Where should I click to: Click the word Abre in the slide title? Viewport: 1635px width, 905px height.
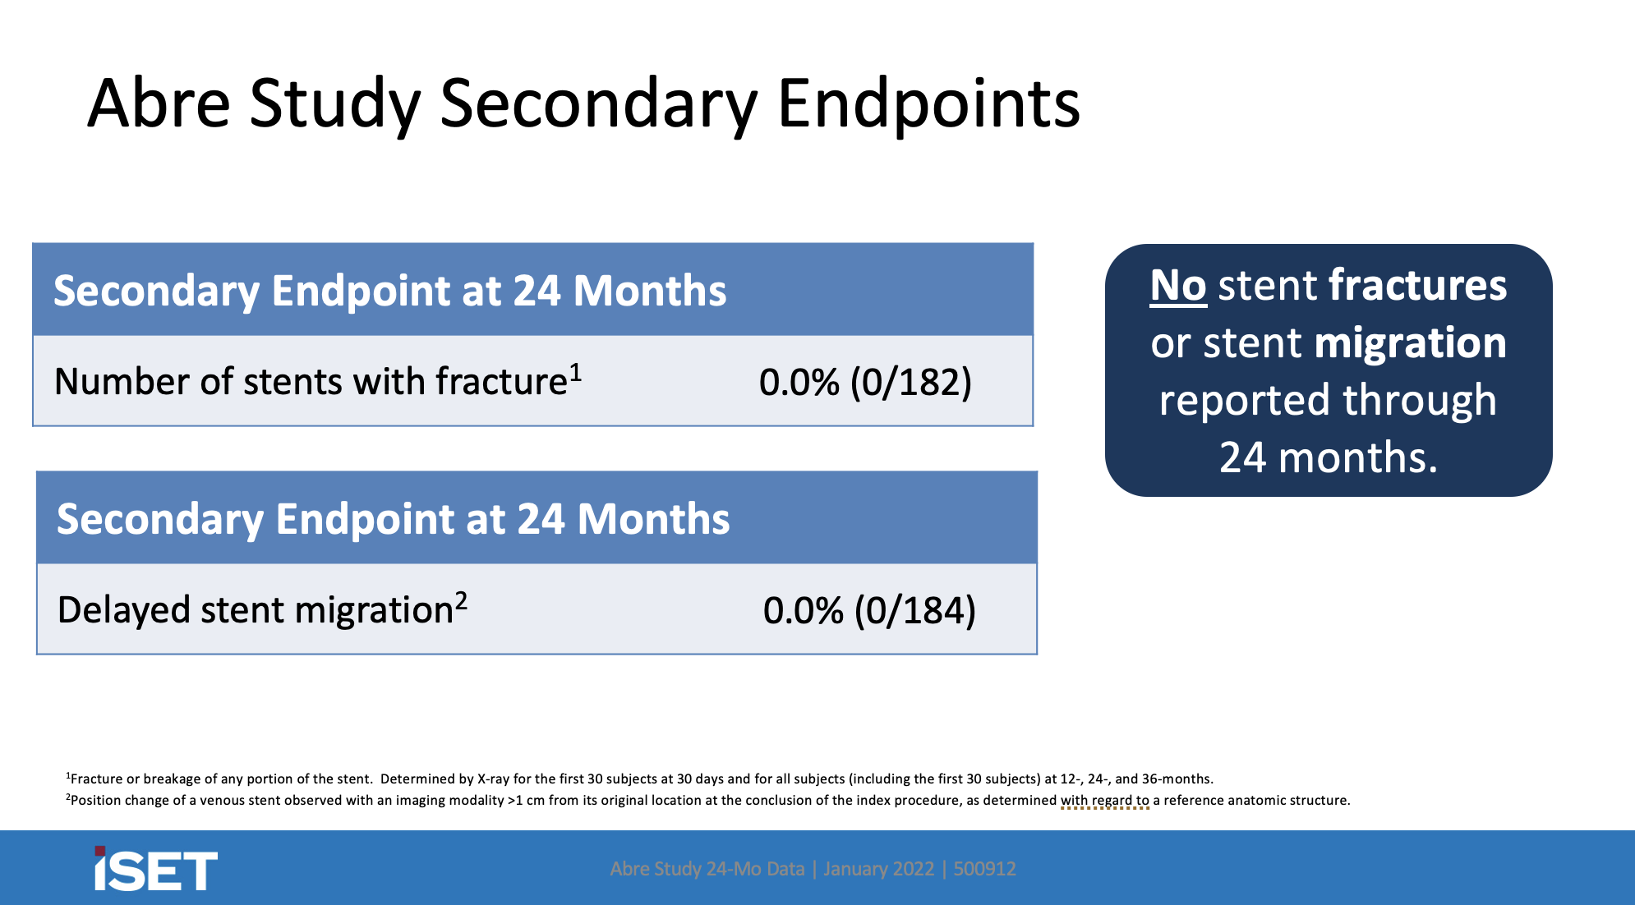click(x=159, y=104)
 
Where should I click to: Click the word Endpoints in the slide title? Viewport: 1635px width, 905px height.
click(x=928, y=104)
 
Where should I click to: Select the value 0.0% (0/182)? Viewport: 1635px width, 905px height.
click(x=865, y=382)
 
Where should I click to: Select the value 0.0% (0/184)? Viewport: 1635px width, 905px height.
click(x=869, y=610)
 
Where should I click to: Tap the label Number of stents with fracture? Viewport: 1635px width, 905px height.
click(x=311, y=382)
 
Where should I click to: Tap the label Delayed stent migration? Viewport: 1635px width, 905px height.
click(x=256, y=610)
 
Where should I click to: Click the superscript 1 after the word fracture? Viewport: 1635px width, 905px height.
click(x=576, y=373)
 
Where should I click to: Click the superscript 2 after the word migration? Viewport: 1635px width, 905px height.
click(x=462, y=601)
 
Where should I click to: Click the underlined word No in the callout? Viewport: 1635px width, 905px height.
click(x=1177, y=286)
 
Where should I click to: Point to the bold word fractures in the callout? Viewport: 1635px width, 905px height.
click(x=1417, y=286)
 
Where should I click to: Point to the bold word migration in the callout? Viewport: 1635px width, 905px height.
click(x=1410, y=343)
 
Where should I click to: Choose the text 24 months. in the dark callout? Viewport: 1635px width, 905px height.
click(x=1328, y=457)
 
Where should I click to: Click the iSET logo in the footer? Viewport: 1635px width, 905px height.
click(x=155, y=870)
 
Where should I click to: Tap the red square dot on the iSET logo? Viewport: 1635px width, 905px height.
click(x=100, y=852)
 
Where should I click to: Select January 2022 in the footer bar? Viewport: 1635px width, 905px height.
click(x=878, y=869)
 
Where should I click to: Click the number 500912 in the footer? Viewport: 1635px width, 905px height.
click(x=984, y=869)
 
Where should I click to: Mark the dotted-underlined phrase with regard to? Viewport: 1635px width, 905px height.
click(x=1104, y=800)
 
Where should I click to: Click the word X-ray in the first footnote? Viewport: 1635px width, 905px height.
click(x=493, y=779)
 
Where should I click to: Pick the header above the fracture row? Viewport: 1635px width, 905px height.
click(x=389, y=291)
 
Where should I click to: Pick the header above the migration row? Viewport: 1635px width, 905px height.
click(x=393, y=519)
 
